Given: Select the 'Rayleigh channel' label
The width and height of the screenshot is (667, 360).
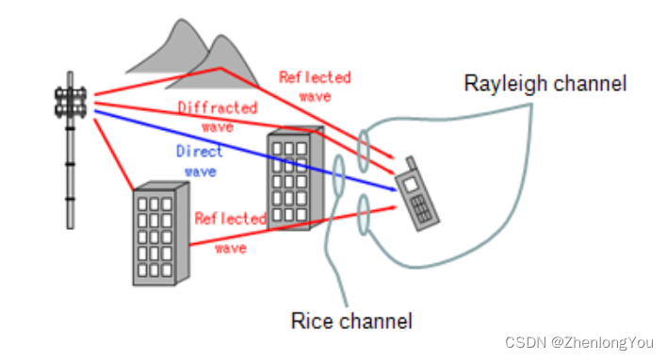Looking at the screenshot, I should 545,84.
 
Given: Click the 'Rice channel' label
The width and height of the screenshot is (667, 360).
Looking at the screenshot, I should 351,321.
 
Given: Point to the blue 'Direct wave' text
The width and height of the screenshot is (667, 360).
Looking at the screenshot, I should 199,161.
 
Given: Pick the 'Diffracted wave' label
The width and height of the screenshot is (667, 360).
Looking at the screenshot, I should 217,116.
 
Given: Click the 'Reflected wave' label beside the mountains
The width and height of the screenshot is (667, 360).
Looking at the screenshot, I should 315,86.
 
